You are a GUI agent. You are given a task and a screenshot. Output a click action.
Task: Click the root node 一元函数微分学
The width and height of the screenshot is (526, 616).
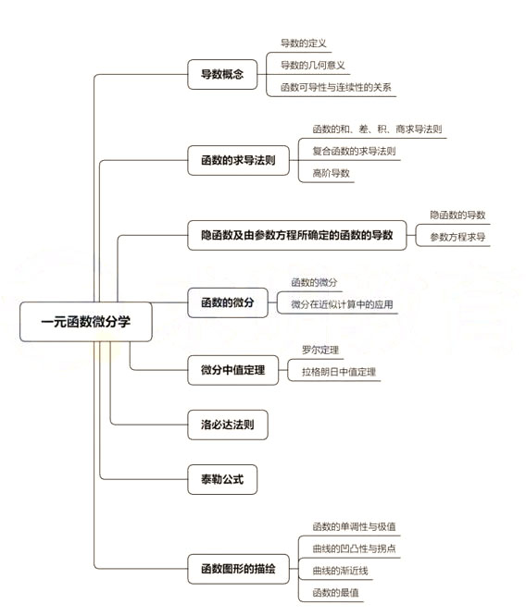coord(84,323)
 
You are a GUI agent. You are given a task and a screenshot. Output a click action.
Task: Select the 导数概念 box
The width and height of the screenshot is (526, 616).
coord(221,74)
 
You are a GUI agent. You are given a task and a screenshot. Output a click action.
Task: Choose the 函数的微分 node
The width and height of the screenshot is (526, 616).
coord(227,302)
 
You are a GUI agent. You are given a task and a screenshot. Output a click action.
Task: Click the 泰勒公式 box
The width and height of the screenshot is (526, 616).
coord(221,480)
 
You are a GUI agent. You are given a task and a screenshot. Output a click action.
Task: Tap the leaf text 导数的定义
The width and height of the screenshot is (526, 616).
coord(304,43)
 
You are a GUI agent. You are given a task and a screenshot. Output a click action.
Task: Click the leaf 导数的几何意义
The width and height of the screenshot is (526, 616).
coord(313,65)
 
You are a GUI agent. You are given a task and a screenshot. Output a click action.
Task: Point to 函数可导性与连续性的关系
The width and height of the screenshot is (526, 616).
coord(336,88)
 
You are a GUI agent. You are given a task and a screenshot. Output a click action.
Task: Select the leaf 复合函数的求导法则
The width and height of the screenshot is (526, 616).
coord(354,151)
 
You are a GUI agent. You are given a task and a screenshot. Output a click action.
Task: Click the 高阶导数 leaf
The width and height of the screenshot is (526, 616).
coord(332,173)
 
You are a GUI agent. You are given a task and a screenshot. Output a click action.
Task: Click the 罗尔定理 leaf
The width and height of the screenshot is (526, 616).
coord(320,350)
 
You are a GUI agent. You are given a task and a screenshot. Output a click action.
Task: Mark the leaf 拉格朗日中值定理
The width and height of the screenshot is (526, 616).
coord(339,372)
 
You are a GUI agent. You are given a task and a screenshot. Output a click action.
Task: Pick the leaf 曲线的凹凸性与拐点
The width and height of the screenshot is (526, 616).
coord(355,548)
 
